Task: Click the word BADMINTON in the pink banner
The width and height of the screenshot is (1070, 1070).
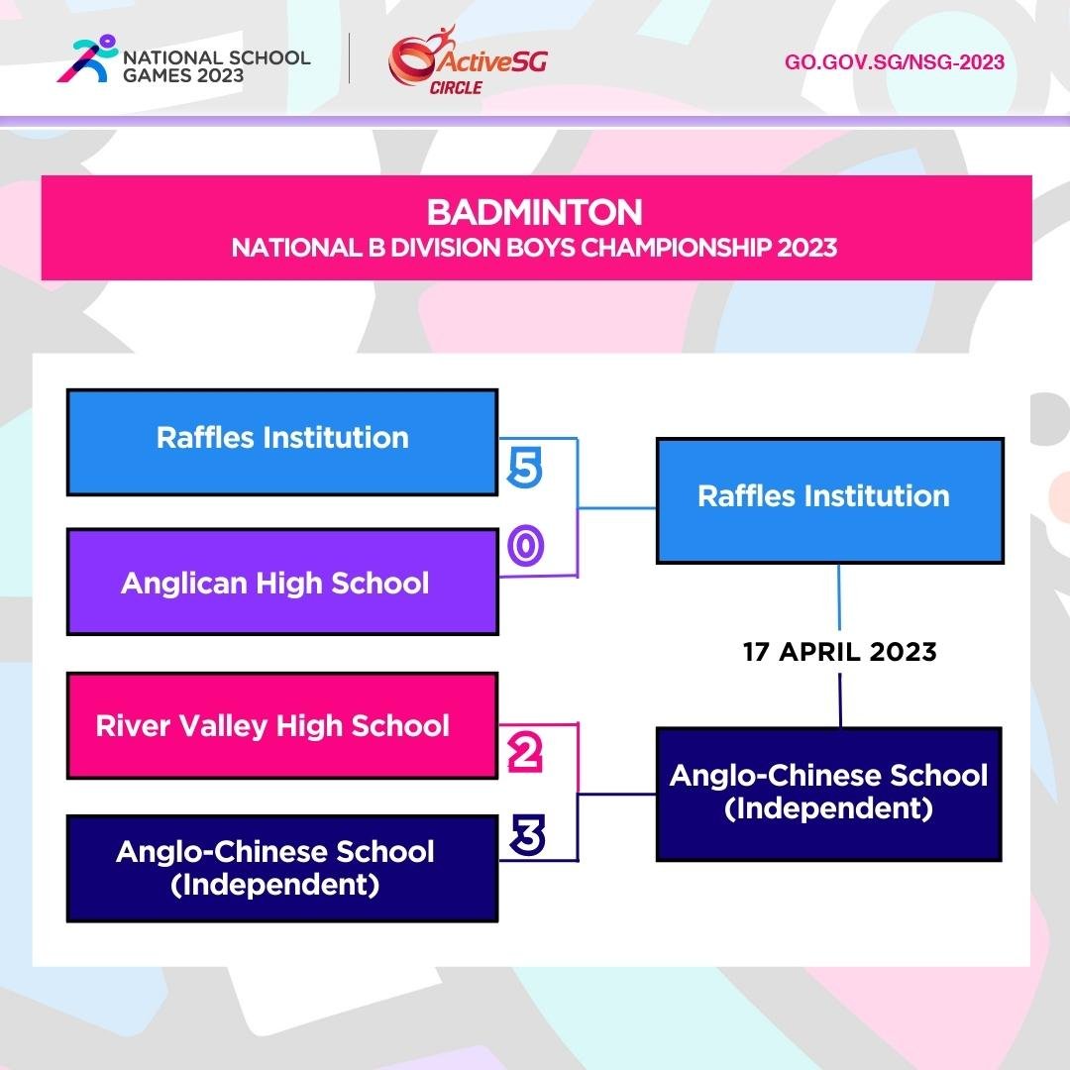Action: pos(535,213)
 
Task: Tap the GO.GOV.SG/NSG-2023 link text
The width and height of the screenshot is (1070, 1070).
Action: pos(894,62)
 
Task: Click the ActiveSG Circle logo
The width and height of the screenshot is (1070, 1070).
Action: pos(467,62)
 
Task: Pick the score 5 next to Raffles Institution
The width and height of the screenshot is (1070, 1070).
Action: pos(524,468)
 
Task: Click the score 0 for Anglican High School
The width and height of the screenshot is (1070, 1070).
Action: pos(525,545)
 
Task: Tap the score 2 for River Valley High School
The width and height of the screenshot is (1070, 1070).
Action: pos(525,755)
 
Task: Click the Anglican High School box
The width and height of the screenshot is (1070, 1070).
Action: pos(281,582)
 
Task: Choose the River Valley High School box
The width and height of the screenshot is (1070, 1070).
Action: pos(281,726)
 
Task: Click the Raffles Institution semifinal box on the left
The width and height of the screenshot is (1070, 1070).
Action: pos(281,442)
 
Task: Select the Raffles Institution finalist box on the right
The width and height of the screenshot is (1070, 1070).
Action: pos(829,500)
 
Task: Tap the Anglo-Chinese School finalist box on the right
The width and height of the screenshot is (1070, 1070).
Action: pos(829,794)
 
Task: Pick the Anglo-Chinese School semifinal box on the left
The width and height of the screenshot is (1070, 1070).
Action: pos(281,868)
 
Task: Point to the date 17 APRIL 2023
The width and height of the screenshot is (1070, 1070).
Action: pos(839,652)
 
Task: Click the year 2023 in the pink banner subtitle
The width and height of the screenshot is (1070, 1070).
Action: pos(806,247)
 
